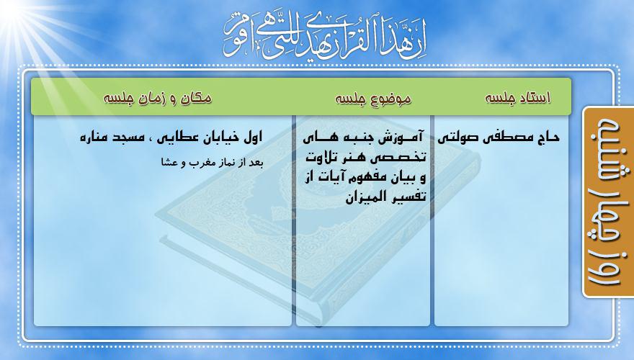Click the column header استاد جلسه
(x=517, y=98)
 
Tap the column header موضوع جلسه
(x=372, y=98)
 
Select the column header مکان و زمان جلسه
(x=157, y=98)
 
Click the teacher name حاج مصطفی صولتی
(x=498, y=137)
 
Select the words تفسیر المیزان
(x=385, y=197)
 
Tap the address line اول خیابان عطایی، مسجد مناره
(x=171, y=138)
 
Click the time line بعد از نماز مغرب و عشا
(x=213, y=163)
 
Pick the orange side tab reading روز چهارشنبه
(x=608, y=202)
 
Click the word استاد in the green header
(x=534, y=98)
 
